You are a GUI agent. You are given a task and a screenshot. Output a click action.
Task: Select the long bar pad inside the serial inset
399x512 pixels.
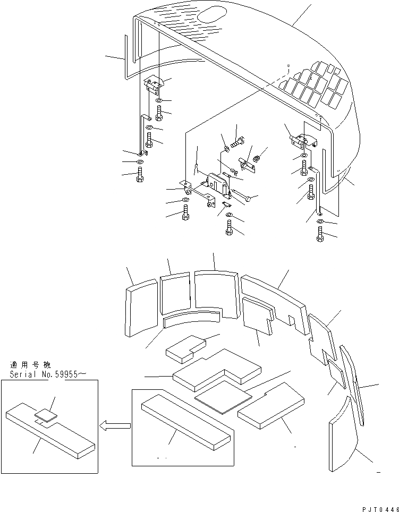pyautogui.click(x=50, y=428)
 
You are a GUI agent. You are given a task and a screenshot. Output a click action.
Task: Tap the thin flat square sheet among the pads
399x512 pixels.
pyautogui.click(x=223, y=396)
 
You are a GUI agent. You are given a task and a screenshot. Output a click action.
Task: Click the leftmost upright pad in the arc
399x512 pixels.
pyautogui.click(x=141, y=309)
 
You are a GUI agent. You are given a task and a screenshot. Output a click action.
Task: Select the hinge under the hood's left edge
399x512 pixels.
pyautogui.click(x=154, y=82)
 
